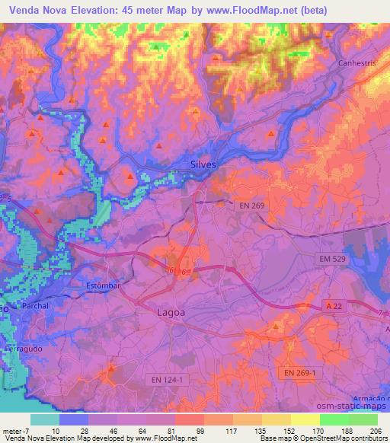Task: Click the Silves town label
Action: (x=203, y=164)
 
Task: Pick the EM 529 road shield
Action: (x=332, y=260)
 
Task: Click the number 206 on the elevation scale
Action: (x=376, y=430)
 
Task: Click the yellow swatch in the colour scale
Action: (x=305, y=419)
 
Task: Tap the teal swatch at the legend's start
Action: (x=44, y=419)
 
